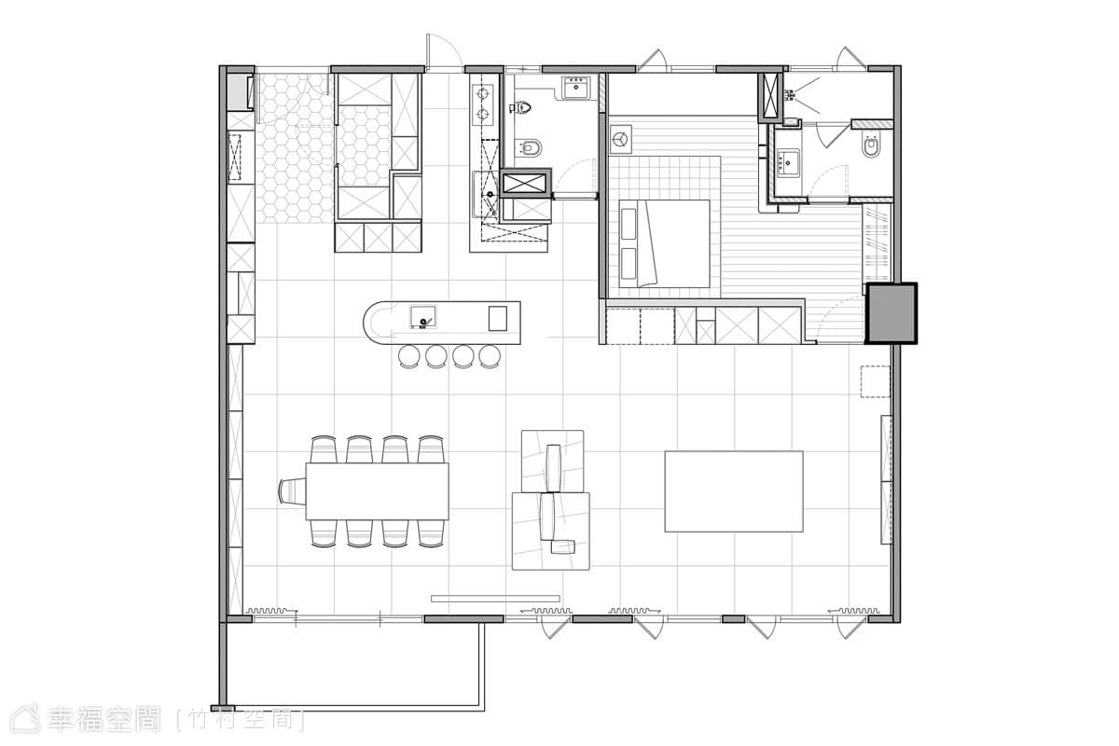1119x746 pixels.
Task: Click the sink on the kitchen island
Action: pos(422,317)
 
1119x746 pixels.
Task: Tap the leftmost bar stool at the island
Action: pos(409,357)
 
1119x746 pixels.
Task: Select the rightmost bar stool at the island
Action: pos(489,357)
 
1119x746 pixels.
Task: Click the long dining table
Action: pos(377,491)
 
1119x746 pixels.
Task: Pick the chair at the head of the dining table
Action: pos(292,491)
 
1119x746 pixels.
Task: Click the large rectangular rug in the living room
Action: pos(734,491)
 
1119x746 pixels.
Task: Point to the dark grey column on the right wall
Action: pos(891,313)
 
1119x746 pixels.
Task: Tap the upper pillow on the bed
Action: pos(629,224)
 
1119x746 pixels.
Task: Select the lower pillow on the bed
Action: pos(629,263)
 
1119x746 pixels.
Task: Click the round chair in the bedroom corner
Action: pos(621,139)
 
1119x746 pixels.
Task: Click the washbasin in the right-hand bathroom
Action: pos(788,162)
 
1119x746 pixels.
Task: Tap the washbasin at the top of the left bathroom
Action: pos(576,89)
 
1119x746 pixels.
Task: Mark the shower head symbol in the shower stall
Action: pos(790,95)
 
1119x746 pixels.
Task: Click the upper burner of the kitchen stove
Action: pos(483,93)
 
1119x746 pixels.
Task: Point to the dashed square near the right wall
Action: pos(876,381)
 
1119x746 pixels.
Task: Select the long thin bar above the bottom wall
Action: pos(495,598)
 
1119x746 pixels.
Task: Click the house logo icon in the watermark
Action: pos(25,719)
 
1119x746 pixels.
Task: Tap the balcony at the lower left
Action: pos(352,665)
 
